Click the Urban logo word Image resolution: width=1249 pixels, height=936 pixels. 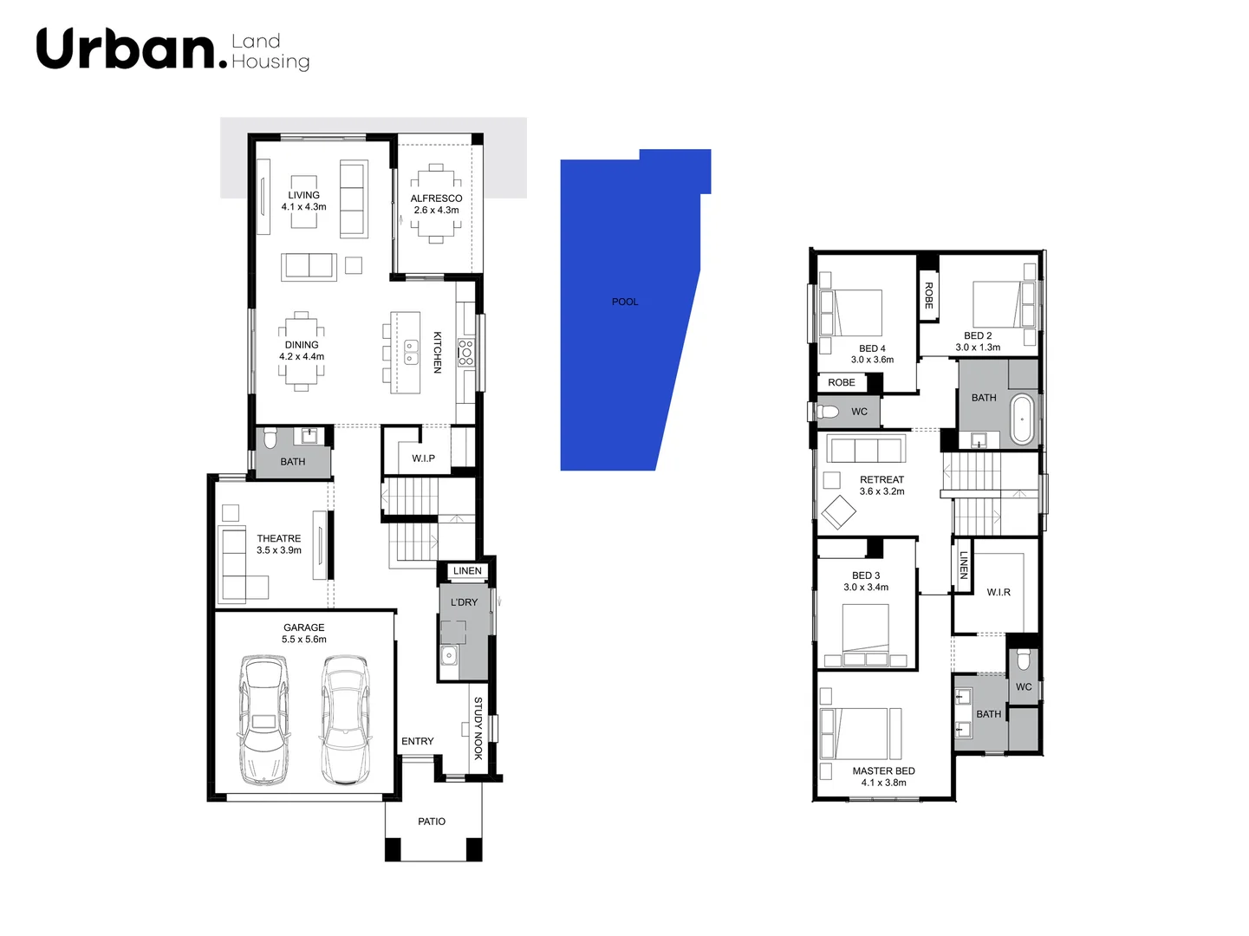pos(125,49)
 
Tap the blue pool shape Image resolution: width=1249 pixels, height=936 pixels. pos(624,321)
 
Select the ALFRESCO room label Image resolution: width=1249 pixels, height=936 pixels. pos(436,198)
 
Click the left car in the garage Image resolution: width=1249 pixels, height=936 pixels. pos(263,719)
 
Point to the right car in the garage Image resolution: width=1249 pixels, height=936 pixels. pos(345,719)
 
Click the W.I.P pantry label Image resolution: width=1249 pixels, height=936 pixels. pos(424,458)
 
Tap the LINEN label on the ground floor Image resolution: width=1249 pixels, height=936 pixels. pos(467,571)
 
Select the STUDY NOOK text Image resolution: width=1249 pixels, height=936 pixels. pos(478,728)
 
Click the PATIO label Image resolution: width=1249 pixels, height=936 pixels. pos(432,822)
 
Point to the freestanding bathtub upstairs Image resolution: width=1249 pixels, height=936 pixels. pos(1023,419)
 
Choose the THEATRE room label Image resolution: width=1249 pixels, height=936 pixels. pos(279,538)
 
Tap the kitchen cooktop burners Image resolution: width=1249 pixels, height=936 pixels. pos(465,352)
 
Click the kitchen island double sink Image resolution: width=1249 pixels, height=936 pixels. pos(412,352)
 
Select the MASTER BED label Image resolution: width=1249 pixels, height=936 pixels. pos(883,770)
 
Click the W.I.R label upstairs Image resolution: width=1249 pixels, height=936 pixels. pos(999,593)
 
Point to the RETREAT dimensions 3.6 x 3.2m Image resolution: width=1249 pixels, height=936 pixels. pos(881,491)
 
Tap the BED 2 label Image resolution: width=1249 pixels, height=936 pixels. pos(978,335)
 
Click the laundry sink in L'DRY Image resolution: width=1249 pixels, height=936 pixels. pos(449,655)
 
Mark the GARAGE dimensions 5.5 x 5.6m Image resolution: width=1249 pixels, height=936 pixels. pos(304,640)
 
